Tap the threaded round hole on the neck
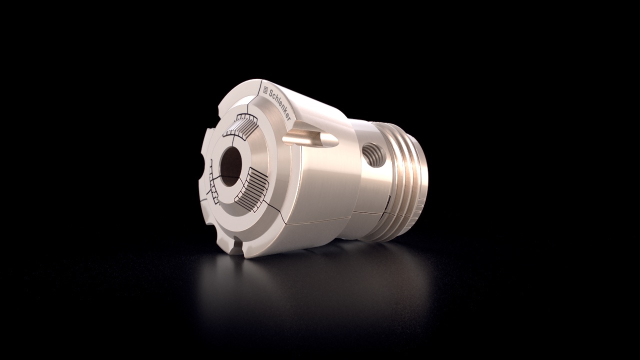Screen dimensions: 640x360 373,155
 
